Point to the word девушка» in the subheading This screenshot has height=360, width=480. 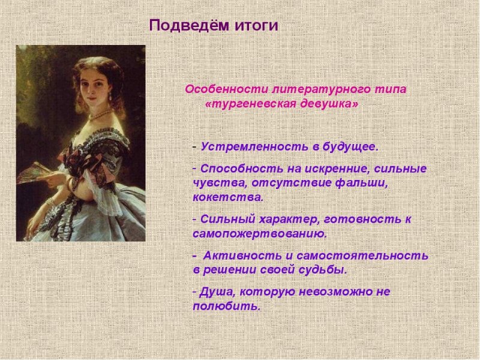point(328,103)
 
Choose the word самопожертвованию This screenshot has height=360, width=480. point(260,233)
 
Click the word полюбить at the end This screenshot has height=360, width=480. point(227,306)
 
